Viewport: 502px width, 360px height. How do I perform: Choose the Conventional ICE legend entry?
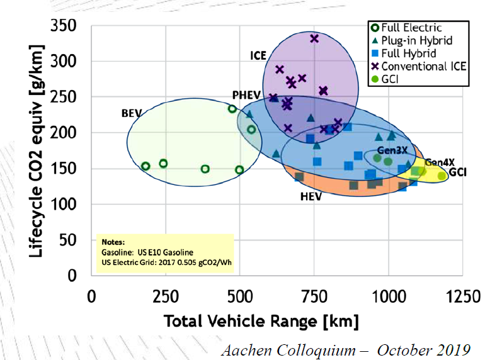pos(423,65)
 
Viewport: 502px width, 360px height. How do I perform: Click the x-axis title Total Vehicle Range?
pos(261,322)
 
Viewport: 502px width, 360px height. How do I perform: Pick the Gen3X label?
pos(392,150)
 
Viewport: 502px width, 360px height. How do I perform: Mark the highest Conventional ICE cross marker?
pos(314,39)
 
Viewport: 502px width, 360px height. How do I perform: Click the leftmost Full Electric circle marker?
pos(145,166)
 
